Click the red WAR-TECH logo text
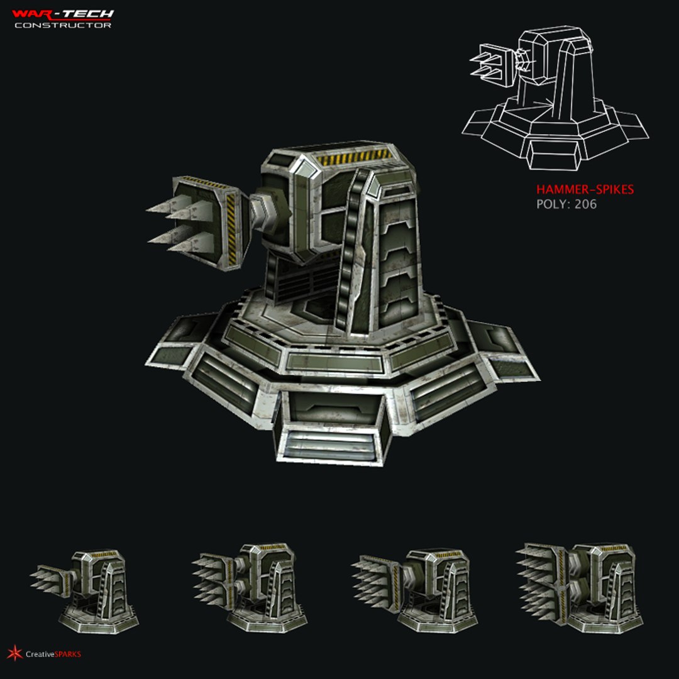[63, 13]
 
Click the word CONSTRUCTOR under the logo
[63, 25]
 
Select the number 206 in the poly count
[585, 204]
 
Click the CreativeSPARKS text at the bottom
[53, 654]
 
